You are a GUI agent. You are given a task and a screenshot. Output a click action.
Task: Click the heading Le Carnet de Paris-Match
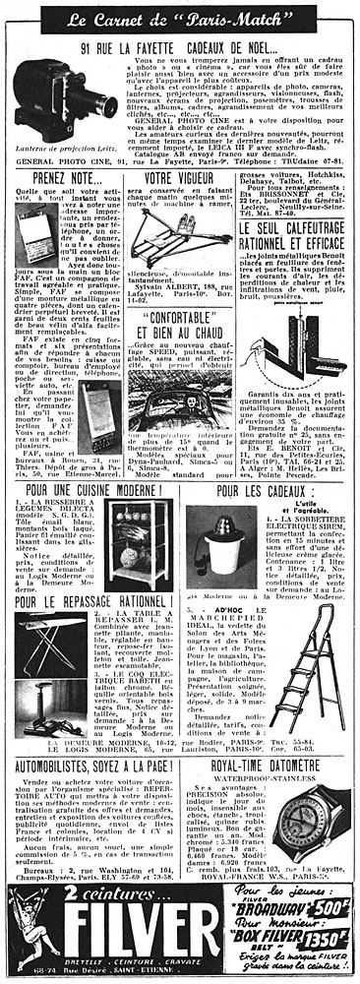180,18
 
